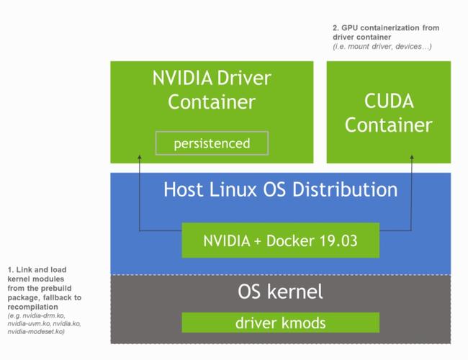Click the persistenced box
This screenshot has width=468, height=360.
point(211,143)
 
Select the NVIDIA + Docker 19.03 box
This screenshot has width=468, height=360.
point(280,240)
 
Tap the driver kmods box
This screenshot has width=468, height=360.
point(280,323)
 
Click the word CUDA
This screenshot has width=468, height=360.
point(388,100)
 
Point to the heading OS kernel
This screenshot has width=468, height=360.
point(280,292)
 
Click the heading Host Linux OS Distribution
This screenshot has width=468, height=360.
point(280,190)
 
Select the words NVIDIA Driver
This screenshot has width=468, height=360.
point(212,77)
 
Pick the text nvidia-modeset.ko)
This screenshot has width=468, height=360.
point(37,332)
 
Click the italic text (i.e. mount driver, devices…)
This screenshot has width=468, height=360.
point(382,46)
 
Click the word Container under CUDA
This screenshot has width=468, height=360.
point(388,125)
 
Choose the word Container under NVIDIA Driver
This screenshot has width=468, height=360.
point(212,102)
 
